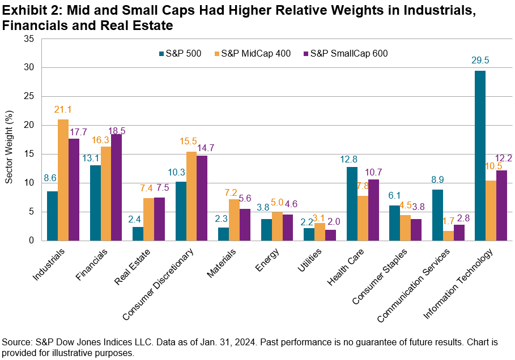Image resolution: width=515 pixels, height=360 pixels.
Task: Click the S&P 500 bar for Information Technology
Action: pyautogui.click(x=480, y=156)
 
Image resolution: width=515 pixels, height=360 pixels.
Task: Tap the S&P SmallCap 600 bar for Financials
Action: pyautogui.click(x=116, y=187)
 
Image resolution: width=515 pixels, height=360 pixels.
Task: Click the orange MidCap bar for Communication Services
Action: pyautogui.click(x=448, y=235)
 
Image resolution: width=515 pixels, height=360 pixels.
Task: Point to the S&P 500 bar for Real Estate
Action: pyautogui.click(x=138, y=234)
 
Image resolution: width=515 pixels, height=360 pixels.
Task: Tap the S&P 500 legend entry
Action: pyautogui.click(x=180, y=54)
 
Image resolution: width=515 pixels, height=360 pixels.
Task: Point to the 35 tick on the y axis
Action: pyautogui.click(x=29, y=39)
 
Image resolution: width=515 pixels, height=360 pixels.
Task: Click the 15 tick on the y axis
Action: pyautogui.click(x=29, y=154)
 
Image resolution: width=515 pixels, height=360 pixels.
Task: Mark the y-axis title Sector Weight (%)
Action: pyautogui.click(x=10, y=140)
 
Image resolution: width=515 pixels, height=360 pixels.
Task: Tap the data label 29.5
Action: pyautogui.click(x=479, y=60)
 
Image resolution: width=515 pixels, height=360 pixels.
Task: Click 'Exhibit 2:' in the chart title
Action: pyautogui.click(x=28, y=10)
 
